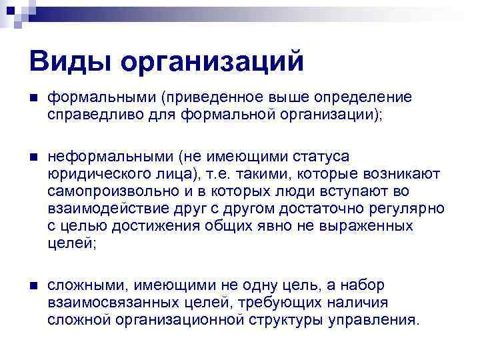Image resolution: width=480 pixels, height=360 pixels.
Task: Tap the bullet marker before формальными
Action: coord(33,98)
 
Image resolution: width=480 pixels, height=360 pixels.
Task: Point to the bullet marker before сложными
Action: coord(33,286)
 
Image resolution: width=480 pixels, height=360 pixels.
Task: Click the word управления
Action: coord(375,319)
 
